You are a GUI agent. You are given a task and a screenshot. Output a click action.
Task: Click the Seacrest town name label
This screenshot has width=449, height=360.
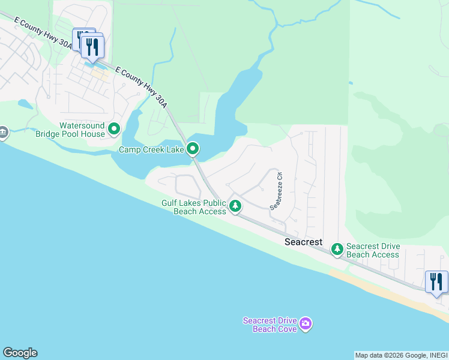(303, 242)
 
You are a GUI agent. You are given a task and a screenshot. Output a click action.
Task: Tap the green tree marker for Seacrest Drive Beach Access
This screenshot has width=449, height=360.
(337, 248)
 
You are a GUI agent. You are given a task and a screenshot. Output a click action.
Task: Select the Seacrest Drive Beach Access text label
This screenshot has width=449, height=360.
(373, 251)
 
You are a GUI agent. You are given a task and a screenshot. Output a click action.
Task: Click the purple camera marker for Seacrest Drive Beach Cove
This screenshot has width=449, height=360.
(306, 325)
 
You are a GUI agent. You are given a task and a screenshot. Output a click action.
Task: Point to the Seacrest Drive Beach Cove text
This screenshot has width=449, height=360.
(270, 325)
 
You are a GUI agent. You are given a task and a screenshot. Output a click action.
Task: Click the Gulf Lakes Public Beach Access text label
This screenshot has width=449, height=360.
(193, 207)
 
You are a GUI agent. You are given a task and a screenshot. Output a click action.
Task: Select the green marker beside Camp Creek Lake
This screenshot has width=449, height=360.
(193, 148)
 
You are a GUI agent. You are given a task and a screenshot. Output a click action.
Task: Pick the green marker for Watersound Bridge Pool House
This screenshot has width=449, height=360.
(113, 128)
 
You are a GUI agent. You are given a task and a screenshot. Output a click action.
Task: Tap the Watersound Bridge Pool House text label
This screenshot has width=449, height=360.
(82, 130)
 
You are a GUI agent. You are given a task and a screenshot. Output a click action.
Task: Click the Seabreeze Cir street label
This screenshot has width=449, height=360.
(276, 190)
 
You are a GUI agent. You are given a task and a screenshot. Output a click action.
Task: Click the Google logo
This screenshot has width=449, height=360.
(20, 353)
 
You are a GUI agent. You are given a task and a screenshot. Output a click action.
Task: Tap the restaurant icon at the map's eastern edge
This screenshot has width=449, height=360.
(436, 281)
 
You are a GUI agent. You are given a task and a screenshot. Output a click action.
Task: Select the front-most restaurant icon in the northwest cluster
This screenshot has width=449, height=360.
(92, 47)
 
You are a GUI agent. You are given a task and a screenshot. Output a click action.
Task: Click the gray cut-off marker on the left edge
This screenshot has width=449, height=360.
(2, 132)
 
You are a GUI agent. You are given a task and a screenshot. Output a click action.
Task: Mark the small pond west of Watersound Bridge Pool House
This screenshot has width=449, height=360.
(26, 104)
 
